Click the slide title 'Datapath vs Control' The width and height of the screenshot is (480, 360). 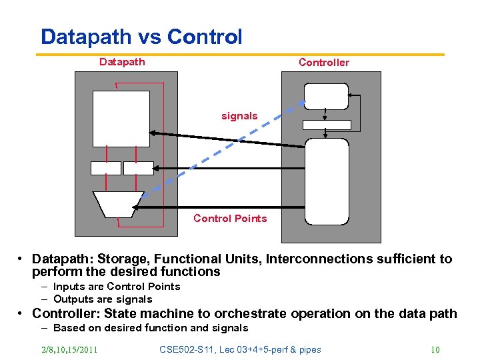[141, 37]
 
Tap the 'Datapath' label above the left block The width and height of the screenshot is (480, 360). [122, 62]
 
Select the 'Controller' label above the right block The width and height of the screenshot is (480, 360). [323, 63]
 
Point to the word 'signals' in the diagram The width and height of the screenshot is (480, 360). [239, 116]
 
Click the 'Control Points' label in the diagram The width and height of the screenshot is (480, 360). [230, 219]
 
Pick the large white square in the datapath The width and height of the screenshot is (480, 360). [121, 118]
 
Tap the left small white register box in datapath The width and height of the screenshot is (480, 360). [106, 168]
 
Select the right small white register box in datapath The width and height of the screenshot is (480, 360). [139, 168]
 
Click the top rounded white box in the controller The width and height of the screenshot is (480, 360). [326, 96]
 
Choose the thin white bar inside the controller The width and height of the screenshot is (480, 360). [327, 125]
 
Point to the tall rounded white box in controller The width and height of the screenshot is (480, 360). [327, 181]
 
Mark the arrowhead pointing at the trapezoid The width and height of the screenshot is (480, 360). [137, 208]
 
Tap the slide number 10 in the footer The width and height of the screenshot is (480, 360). [435, 349]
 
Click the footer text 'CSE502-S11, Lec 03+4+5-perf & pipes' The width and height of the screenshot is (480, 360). [241, 349]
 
